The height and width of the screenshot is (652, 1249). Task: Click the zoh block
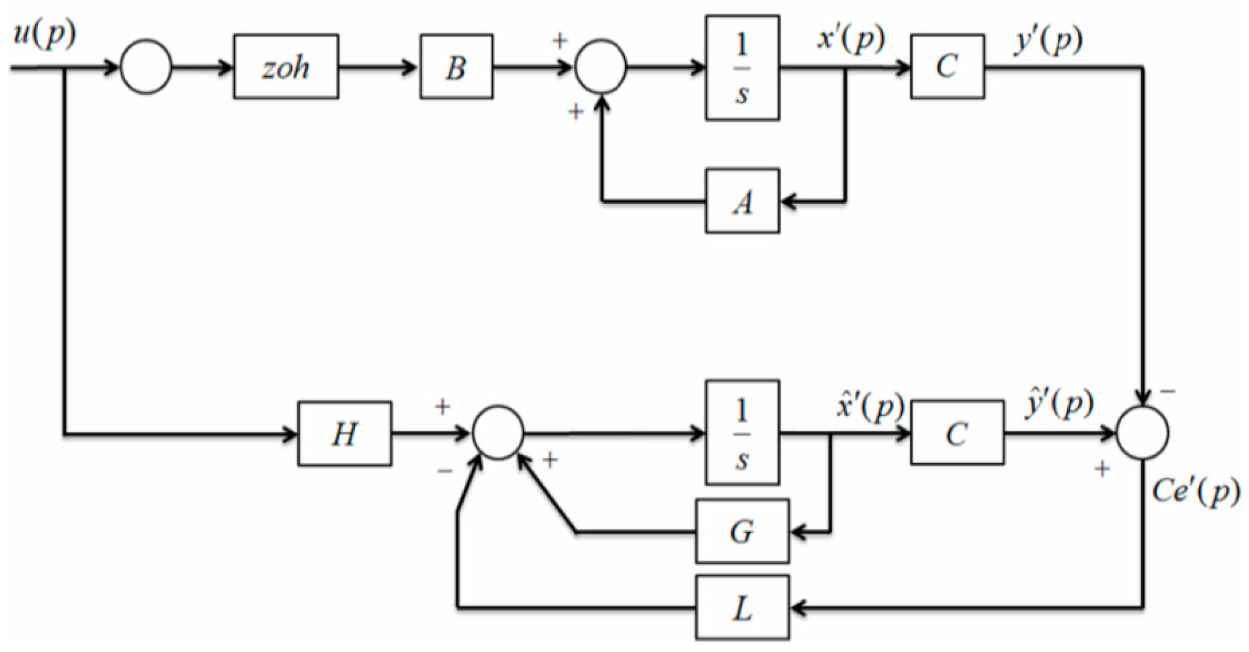[x=286, y=67]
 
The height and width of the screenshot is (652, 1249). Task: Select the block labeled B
[x=456, y=67]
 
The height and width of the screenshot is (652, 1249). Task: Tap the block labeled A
[x=742, y=201]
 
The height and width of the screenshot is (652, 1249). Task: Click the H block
[x=345, y=434]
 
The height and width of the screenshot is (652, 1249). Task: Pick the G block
[x=742, y=532]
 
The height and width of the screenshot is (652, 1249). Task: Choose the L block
[x=742, y=608]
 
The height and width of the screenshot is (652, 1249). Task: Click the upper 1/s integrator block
[x=742, y=68]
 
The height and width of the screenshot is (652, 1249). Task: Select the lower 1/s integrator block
[x=742, y=433]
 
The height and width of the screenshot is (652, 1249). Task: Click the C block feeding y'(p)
[x=948, y=67]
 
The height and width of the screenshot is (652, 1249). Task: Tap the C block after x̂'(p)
[x=957, y=433]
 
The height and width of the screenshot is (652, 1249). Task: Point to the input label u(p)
[x=44, y=36]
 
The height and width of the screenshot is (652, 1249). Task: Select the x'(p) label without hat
[x=851, y=39]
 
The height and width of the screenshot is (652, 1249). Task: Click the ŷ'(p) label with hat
[x=1059, y=404]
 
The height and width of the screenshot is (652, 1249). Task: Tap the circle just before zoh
[x=146, y=67]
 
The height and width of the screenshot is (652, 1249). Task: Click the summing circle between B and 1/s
[x=601, y=67]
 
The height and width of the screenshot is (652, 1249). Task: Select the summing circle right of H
[x=498, y=433]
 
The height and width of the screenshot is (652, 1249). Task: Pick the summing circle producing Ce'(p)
[x=1142, y=433]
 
